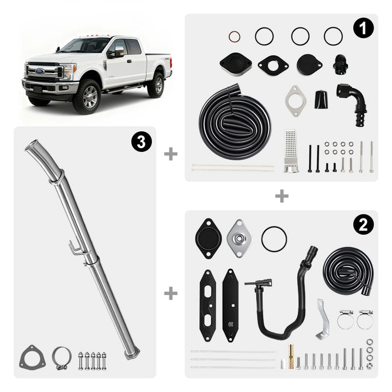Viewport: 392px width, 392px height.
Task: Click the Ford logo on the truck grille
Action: pos(40,71)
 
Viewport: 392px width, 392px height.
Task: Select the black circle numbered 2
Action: pos(363,225)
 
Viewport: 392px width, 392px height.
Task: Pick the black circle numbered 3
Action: pos(142,142)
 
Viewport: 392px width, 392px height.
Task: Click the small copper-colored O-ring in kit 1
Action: pos(234,37)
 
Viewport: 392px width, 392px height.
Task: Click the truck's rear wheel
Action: pos(156,85)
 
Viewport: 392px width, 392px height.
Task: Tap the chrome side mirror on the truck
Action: pos(119,52)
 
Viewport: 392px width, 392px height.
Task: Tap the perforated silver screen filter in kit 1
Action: pos(291,151)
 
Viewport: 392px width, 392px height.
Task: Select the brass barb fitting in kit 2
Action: pos(291,357)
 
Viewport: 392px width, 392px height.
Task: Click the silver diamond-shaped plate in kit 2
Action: pos(240,238)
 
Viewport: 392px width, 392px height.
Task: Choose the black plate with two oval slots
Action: pos(207,305)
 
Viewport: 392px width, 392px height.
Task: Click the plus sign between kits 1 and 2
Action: pos(282,196)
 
